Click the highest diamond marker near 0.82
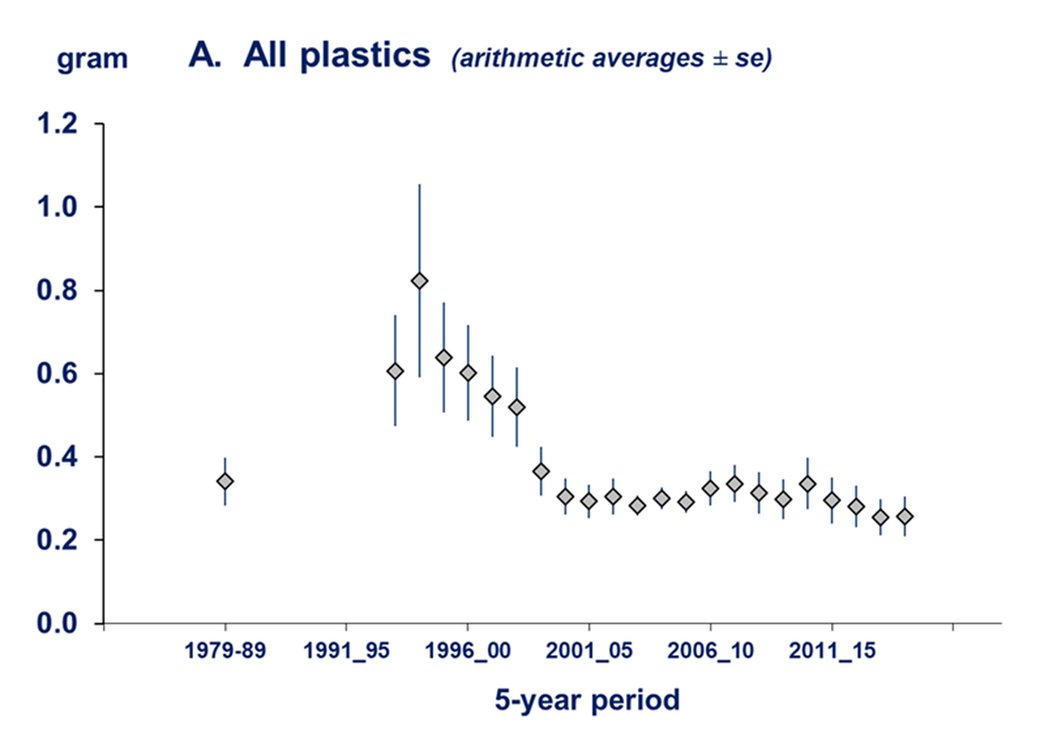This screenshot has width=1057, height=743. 419,280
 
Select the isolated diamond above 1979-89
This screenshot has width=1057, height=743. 225,481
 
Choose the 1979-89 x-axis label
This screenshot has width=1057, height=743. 225,653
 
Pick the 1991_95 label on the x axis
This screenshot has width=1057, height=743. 346,653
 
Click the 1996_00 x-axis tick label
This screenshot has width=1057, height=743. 467,653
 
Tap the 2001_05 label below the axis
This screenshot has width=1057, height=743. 589,653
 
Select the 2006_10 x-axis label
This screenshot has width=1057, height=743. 710,653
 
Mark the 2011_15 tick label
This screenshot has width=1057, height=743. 831,653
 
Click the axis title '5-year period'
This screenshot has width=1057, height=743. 587,701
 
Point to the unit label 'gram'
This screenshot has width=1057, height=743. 92,60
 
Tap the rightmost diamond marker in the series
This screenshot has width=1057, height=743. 904,516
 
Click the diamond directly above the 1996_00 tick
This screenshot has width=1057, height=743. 467,373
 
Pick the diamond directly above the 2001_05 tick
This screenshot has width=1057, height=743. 589,501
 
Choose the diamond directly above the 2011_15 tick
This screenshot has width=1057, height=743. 831,500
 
